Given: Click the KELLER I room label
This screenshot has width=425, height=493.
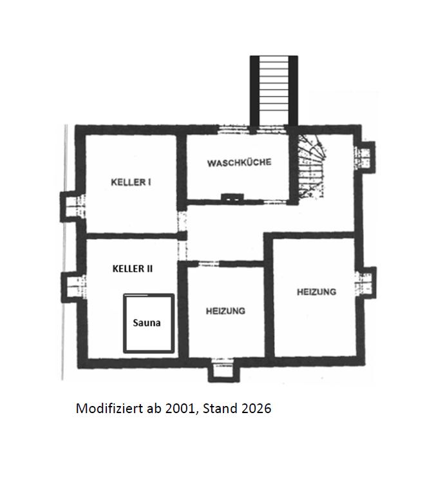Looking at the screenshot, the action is click(131, 182).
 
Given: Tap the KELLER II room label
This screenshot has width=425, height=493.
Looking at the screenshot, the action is click(133, 269).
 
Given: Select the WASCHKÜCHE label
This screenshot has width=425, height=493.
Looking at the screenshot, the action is click(240, 163).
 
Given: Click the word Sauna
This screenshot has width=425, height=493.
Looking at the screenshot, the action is click(147, 323).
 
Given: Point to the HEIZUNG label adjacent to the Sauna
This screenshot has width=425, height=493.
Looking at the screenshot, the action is click(225, 311).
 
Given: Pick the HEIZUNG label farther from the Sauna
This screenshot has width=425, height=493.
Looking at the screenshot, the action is click(317, 292).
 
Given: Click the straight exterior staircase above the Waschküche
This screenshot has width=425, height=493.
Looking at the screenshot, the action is click(274, 91).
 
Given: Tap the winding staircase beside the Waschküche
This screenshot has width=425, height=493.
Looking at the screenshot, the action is click(310, 167).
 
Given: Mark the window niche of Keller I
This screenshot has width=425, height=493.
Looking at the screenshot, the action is click(73, 206).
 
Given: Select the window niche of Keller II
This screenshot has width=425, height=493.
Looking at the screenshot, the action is click(73, 287).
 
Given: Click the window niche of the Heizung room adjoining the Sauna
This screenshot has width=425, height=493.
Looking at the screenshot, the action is click(223, 370).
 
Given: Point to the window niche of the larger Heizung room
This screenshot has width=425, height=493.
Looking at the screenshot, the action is click(366, 283).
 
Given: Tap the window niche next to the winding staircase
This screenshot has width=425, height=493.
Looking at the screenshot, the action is click(364, 157).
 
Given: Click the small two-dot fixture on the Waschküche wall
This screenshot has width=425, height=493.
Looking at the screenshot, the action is click(232, 198).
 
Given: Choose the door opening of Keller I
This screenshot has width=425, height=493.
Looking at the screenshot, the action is click(182, 221).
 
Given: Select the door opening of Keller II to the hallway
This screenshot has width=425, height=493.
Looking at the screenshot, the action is click(182, 251).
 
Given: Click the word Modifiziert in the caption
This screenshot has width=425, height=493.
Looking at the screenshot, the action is click(109, 409).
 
